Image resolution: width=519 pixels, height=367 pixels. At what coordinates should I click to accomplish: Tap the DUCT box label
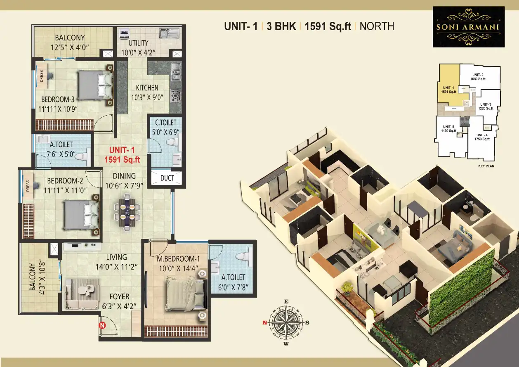tap(167, 178)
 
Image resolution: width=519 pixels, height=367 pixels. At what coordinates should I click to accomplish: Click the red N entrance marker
tap(102, 326)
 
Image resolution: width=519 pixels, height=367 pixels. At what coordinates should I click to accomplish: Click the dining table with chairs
tap(127, 212)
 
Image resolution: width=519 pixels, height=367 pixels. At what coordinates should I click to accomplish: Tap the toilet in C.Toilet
tap(172, 143)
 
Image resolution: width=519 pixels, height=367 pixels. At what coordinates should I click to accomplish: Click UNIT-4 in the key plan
tap(482, 137)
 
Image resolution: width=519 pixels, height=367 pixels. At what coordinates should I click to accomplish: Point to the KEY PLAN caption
tap(486, 166)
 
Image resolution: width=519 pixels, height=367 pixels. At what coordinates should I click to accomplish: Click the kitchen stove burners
tap(176, 96)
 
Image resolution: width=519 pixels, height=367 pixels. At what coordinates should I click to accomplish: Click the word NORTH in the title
tap(377, 26)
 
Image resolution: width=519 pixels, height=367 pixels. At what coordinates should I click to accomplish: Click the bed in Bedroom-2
tap(80, 215)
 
